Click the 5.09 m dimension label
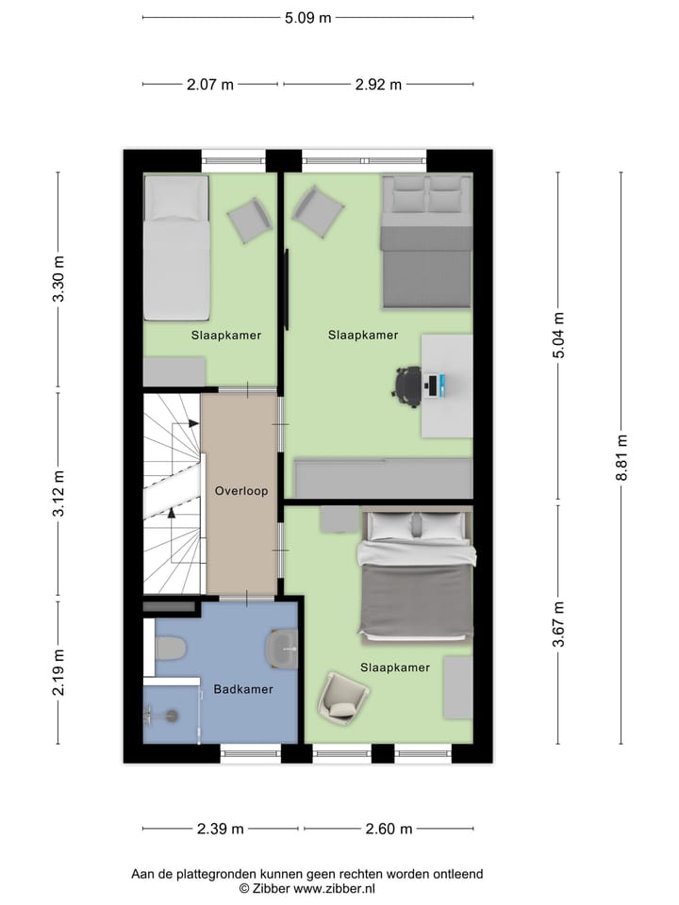[308, 17]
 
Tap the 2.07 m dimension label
[209, 84]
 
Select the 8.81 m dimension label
[621, 458]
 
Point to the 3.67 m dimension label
[558, 624]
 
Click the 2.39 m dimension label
[221, 830]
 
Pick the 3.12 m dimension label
[58, 493]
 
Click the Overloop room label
[241, 491]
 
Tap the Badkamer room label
[243, 689]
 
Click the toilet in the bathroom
[171, 649]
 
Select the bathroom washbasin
[282, 648]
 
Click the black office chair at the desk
[408, 386]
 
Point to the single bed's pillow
[176, 200]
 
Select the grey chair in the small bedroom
[250, 220]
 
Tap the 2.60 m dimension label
[389, 830]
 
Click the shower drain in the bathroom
[172, 716]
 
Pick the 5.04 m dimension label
[558, 335]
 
